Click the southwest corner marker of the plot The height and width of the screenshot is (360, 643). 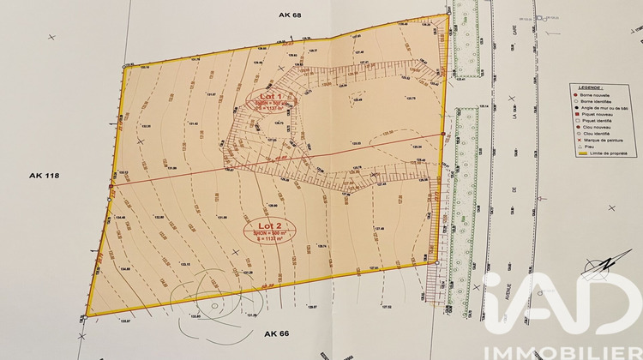pyautogui.click(x=87, y=315)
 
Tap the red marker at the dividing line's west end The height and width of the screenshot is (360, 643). pyautogui.click(x=111, y=186)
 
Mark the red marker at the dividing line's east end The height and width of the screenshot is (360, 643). pyautogui.click(x=442, y=134)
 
